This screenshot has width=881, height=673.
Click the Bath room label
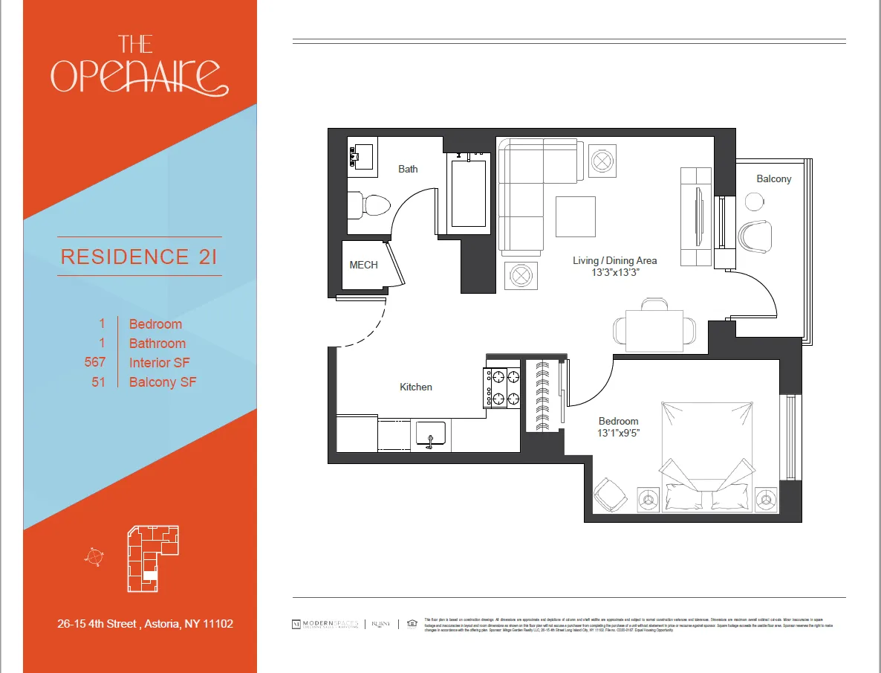[408, 169]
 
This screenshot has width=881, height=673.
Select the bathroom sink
[362, 157]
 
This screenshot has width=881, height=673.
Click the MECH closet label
[363, 265]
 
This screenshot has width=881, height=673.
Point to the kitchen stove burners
[504, 388]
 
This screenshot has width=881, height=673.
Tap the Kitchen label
[415, 387]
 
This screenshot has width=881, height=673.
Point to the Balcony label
[773, 178]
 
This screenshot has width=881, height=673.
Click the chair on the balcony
[756, 237]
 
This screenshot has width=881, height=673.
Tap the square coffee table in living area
[575, 216]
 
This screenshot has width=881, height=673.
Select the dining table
[654, 330]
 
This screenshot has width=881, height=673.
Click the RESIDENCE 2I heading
[140, 257]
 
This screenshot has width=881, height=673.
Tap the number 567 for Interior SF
[95, 362]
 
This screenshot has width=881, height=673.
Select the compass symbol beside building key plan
[94, 556]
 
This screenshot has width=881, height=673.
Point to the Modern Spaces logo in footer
[326, 624]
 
